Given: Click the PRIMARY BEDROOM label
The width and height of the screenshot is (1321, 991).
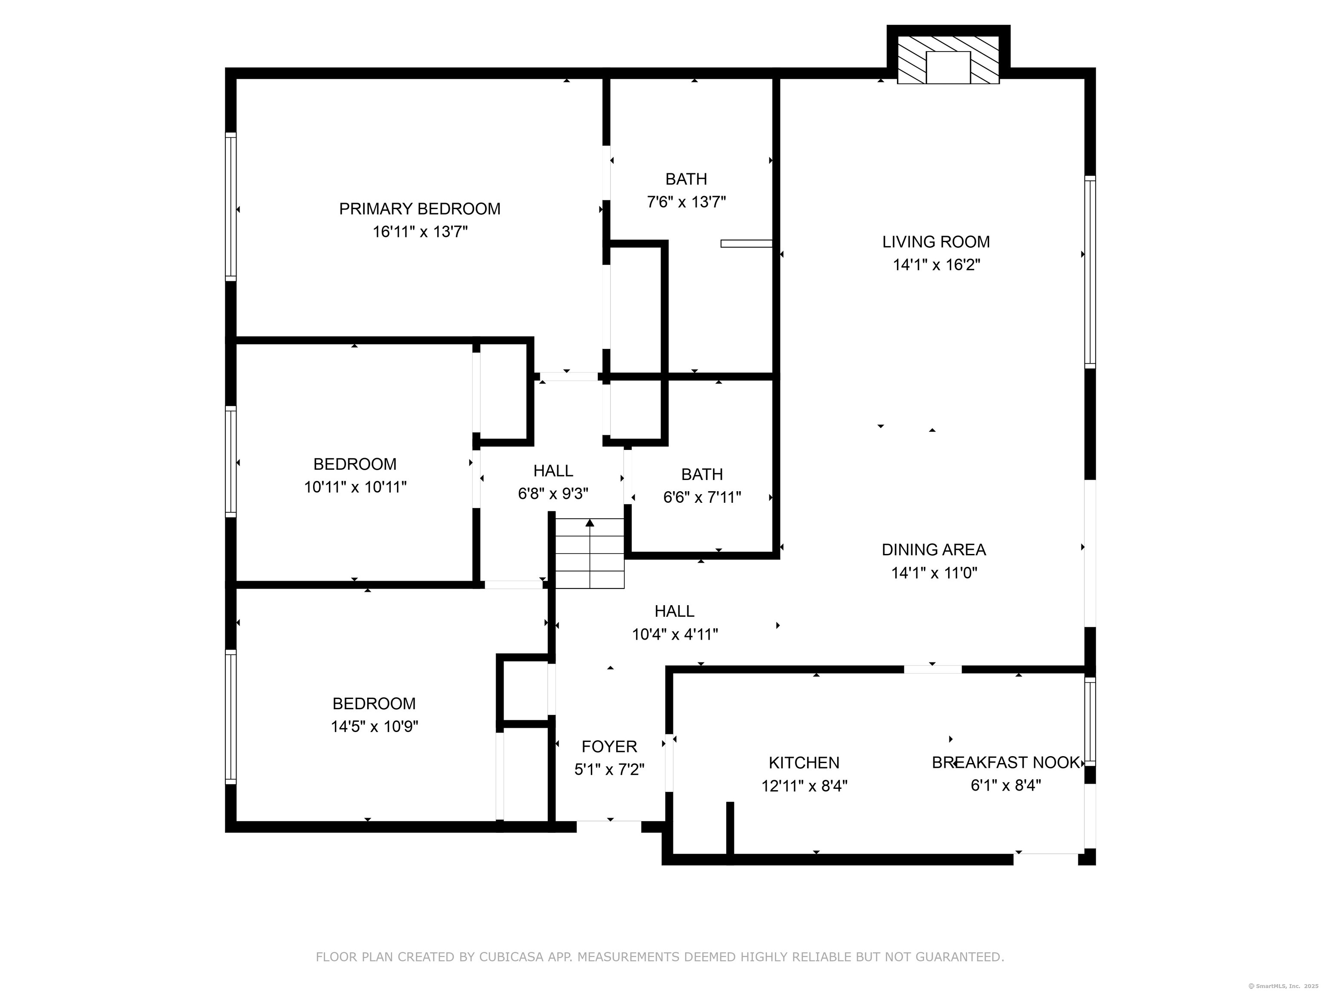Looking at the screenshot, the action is coord(420,209).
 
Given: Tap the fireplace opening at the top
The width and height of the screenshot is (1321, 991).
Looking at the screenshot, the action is coord(948,68).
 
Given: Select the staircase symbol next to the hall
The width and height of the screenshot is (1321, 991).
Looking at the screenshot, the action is coord(590,554).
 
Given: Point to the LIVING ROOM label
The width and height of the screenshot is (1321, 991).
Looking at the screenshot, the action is coord(936,242).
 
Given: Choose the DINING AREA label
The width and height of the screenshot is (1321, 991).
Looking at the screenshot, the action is coord(934,550).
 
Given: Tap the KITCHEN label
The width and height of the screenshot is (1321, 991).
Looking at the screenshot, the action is coord(804,763).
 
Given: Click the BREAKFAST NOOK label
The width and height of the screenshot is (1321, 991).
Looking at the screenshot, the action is coord(1006,763).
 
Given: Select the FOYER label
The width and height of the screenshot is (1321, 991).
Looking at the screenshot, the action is coord(609,747).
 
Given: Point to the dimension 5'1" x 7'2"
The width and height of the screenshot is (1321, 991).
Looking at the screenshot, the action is coord(609,770).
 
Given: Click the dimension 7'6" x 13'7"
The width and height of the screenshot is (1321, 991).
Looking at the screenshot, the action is coord(686,202).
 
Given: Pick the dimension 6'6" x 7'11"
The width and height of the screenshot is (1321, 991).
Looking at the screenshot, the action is coord(702,497).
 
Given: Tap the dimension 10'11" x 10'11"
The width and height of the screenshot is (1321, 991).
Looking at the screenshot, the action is coord(355,487).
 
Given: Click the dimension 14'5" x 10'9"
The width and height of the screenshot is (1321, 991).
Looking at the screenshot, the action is coord(375,726).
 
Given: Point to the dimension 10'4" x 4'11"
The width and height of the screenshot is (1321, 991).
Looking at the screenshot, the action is coord(675,634).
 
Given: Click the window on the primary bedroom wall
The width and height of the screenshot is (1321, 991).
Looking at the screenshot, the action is coord(230,206).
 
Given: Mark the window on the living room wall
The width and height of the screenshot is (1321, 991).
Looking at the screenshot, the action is coord(1090,272).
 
